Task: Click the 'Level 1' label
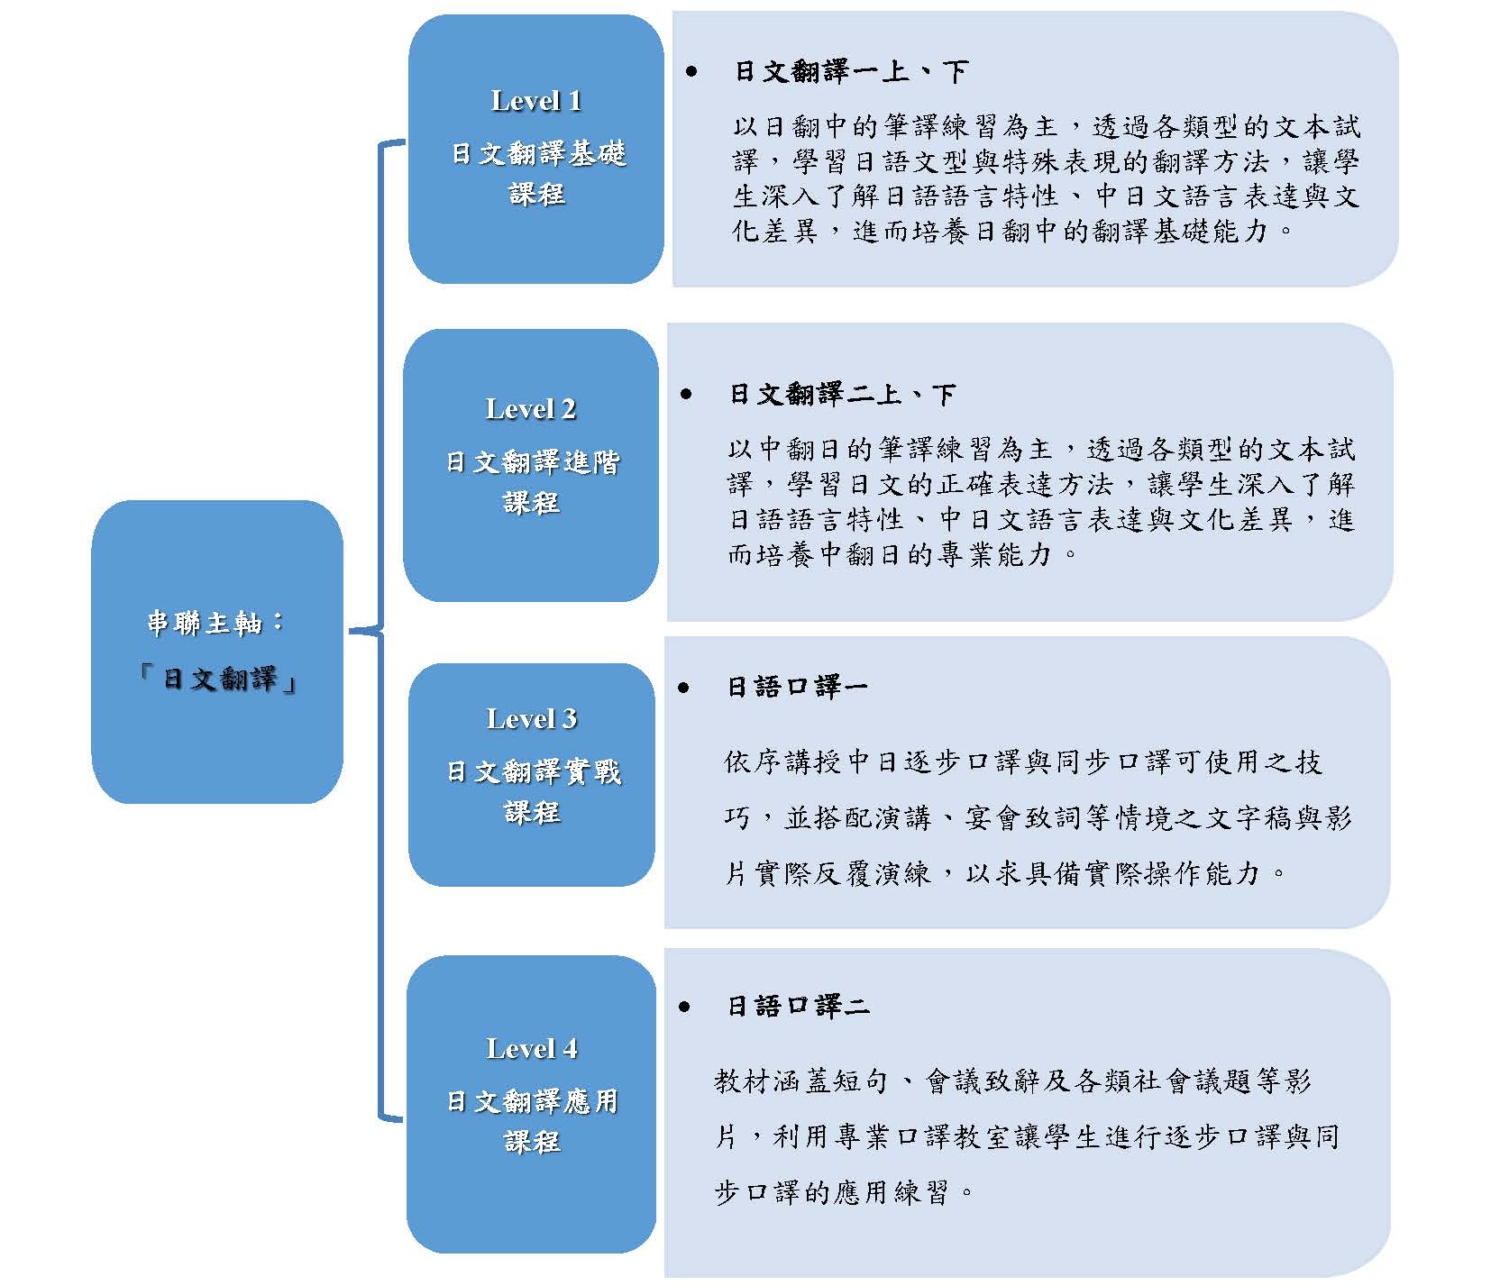coord(535,101)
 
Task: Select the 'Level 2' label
coord(530,409)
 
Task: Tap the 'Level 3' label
coord(531,719)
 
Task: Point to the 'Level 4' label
coord(531,1049)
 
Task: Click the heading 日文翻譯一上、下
coord(851,72)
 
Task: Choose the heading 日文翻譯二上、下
coord(843,395)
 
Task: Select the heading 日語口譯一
coord(797,688)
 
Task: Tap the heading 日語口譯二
coord(798,1007)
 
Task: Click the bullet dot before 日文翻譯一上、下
coord(691,71)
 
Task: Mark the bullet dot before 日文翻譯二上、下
coord(687,394)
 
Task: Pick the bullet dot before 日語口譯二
coord(684,1007)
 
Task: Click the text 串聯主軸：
coord(216,623)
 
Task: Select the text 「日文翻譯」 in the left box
coord(216,679)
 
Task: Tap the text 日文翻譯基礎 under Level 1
coord(538,154)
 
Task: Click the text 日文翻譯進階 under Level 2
coord(532,463)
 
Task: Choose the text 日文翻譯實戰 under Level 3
coord(534,772)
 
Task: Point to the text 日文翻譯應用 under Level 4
coord(532,1101)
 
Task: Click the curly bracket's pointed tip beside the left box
coord(350,631)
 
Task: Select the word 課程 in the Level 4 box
coord(532,1142)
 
